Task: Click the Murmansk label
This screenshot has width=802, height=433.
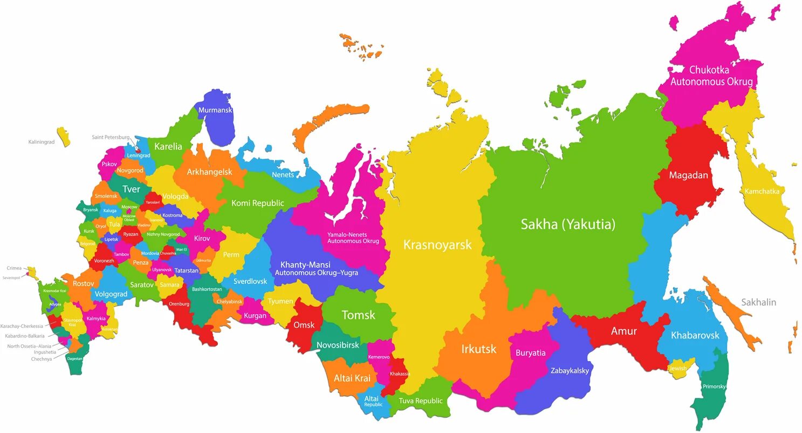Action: point(215,110)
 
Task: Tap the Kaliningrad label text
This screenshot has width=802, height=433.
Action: point(42,142)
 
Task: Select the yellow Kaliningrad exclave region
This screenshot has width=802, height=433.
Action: point(64,137)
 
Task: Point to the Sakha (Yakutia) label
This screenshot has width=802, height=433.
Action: point(568,225)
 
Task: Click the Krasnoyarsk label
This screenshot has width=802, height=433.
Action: point(437,245)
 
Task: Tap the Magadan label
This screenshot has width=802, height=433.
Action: point(688,175)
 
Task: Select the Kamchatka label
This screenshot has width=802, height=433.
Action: point(762,191)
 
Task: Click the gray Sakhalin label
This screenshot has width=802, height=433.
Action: point(758,302)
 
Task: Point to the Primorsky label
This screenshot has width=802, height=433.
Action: point(714,387)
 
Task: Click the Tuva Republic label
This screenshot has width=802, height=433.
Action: point(421,401)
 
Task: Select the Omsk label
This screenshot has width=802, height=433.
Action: point(304,325)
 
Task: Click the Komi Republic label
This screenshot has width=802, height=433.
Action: point(257,203)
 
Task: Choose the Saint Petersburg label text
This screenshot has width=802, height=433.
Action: point(111,137)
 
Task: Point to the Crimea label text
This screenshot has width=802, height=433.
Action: point(14,268)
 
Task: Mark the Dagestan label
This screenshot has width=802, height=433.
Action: point(74,358)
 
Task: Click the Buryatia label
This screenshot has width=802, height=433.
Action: point(530,353)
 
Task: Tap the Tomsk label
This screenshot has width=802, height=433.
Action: point(358,315)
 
